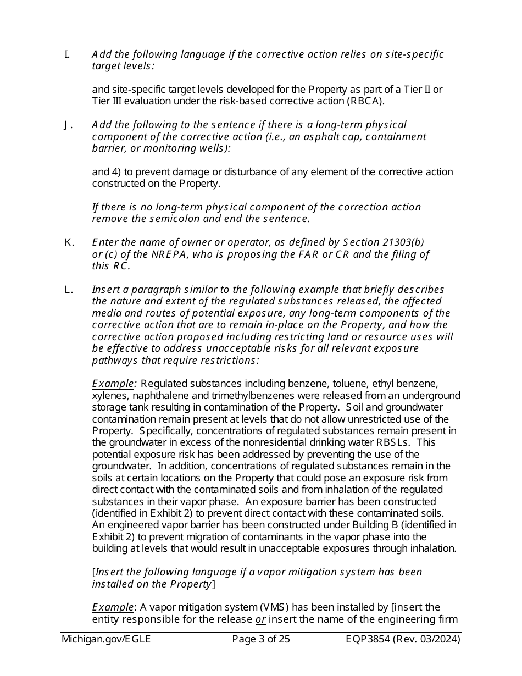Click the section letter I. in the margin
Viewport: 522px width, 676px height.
click(x=67, y=54)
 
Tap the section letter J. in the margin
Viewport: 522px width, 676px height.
click(x=68, y=125)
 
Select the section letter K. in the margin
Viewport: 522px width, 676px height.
click(x=69, y=242)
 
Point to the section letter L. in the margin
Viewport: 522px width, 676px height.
click(x=68, y=290)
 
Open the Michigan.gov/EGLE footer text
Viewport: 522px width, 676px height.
click(x=106, y=639)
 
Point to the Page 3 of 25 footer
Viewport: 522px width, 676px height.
click(x=261, y=639)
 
